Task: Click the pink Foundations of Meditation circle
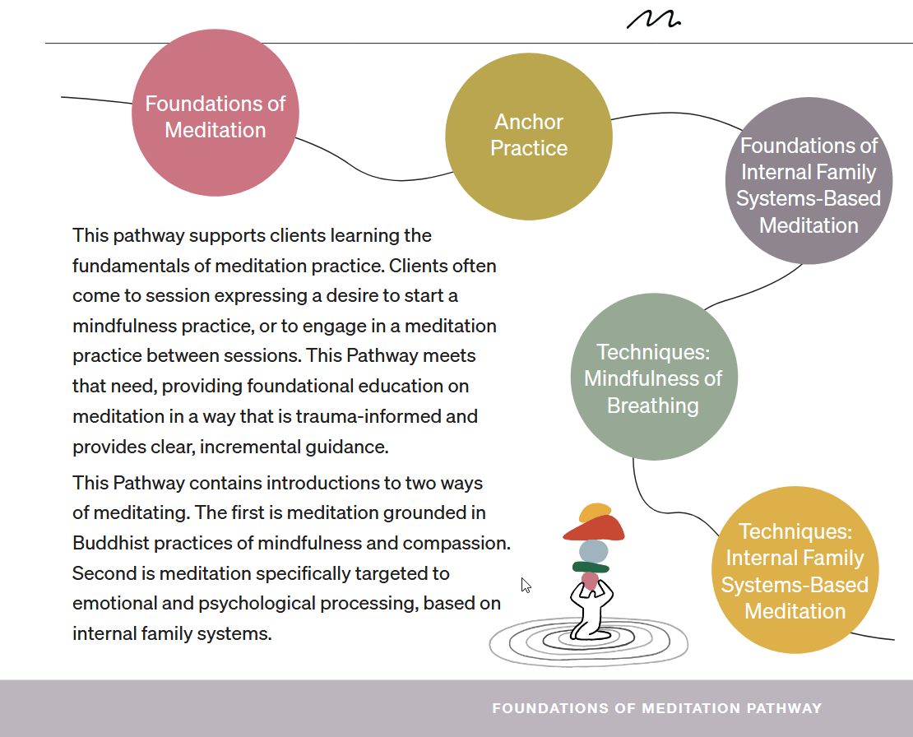(x=216, y=113)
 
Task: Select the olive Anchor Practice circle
(x=529, y=136)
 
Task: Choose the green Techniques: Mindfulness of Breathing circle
(x=653, y=378)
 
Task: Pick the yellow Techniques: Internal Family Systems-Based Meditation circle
(x=795, y=571)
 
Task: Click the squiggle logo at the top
(x=653, y=20)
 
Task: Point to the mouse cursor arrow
(x=526, y=585)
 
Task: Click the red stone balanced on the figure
(x=594, y=528)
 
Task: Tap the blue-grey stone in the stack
(x=594, y=550)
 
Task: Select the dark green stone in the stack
(x=591, y=567)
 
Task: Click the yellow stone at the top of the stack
(x=595, y=512)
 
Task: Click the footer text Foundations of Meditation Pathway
(x=656, y=708)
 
